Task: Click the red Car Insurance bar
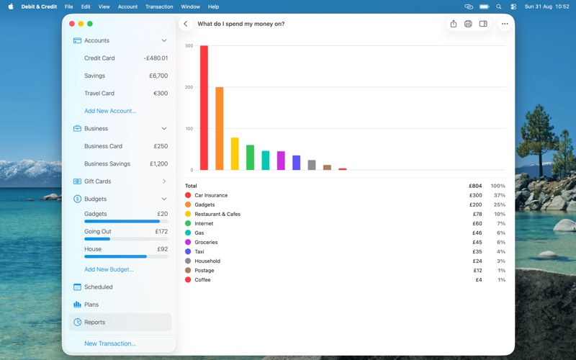pyautogui.click(x=204, y=107)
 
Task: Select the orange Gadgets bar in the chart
pyautogui.click(x=220, y=129)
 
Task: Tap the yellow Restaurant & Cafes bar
pyautogui.click(x=235, y=154)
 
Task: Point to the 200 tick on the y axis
pyautogui.click(x=189, y=87)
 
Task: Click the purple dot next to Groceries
pyautogui.click(x=188, y=242)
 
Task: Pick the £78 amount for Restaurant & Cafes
pyautogui.click(x=477, y=214)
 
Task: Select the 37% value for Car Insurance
pyautogui.click(x=500, y=195)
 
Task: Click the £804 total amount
pyautogui.click(x=475, y=186)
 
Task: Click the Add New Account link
pyautogui.click(x=110, y=111)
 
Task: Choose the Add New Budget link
pyautogui.click(x=109, y=269)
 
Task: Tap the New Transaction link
pyautogui.click(x=110, y=343)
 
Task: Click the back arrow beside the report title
pyautogui.click(x=186, y=24)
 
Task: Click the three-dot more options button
pyautogui.click(x=505, y=24)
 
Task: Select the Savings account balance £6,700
pyautogui.click(x=158, y=76)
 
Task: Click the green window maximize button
pyautogui.click(x=89, y=24)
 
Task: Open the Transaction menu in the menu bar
pyautogui.click(x=159, y=6)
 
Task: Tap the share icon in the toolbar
pyautogui.click(x=454, y=24)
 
